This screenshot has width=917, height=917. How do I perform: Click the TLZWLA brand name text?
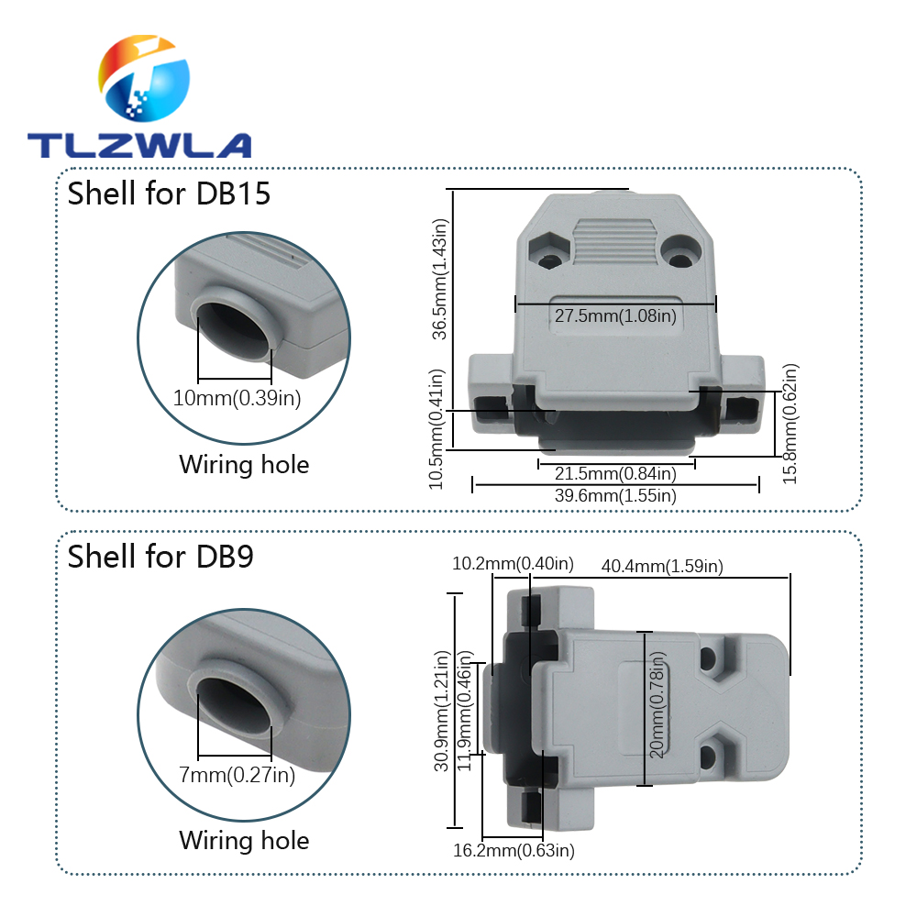coord(138,145)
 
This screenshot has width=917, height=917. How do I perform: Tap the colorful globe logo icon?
coord(145,80)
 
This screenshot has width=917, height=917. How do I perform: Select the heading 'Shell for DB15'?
coord(170,193)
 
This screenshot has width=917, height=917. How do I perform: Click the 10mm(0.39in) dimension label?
coord(237,397)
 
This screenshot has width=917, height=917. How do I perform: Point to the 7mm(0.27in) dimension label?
coord(237,776)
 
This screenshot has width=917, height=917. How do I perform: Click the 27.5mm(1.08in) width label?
coord(615,316)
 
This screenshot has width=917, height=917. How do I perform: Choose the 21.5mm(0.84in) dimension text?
coord(615,473)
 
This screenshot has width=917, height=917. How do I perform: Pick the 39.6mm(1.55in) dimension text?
coord(615,495)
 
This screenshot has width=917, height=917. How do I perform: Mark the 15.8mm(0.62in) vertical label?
coord(790,423)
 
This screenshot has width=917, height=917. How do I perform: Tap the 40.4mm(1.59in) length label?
coord(662,567)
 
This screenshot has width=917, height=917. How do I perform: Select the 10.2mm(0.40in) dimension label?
coord(513,563)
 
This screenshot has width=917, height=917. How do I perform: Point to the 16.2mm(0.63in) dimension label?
coord(514,850)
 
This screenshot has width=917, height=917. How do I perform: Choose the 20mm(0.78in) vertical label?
coord(657,710)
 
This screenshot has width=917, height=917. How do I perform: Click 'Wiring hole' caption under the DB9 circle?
coord(244,840)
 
